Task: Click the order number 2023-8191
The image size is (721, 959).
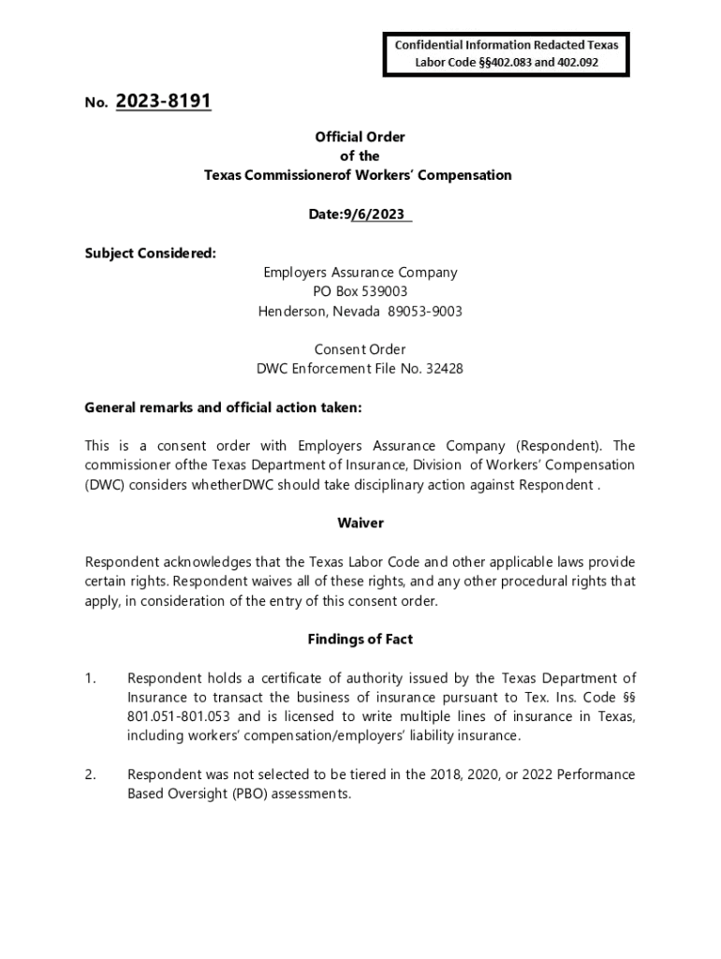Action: tap(164, 101)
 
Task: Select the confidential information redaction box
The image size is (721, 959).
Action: tap(507, 53)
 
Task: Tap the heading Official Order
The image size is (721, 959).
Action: tap(360, 137)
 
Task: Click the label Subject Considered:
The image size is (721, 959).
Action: tap(150, 253)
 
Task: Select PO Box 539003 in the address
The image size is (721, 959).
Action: tap(360, 291)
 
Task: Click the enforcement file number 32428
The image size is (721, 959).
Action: tap(443, 368)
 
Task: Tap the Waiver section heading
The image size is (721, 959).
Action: tap(360, 523)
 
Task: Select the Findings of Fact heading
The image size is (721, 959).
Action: tap(360, 639)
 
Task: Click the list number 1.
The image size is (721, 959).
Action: tap(90, 678)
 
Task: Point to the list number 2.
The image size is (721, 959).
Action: tap(90, 775)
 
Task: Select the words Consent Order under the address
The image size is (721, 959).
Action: tap(360, 349)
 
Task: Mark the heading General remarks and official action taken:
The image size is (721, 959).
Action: tap(223, 407)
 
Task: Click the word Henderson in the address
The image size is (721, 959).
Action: tap(293, 311)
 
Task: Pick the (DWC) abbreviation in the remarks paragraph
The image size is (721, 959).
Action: tap(103, 484)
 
